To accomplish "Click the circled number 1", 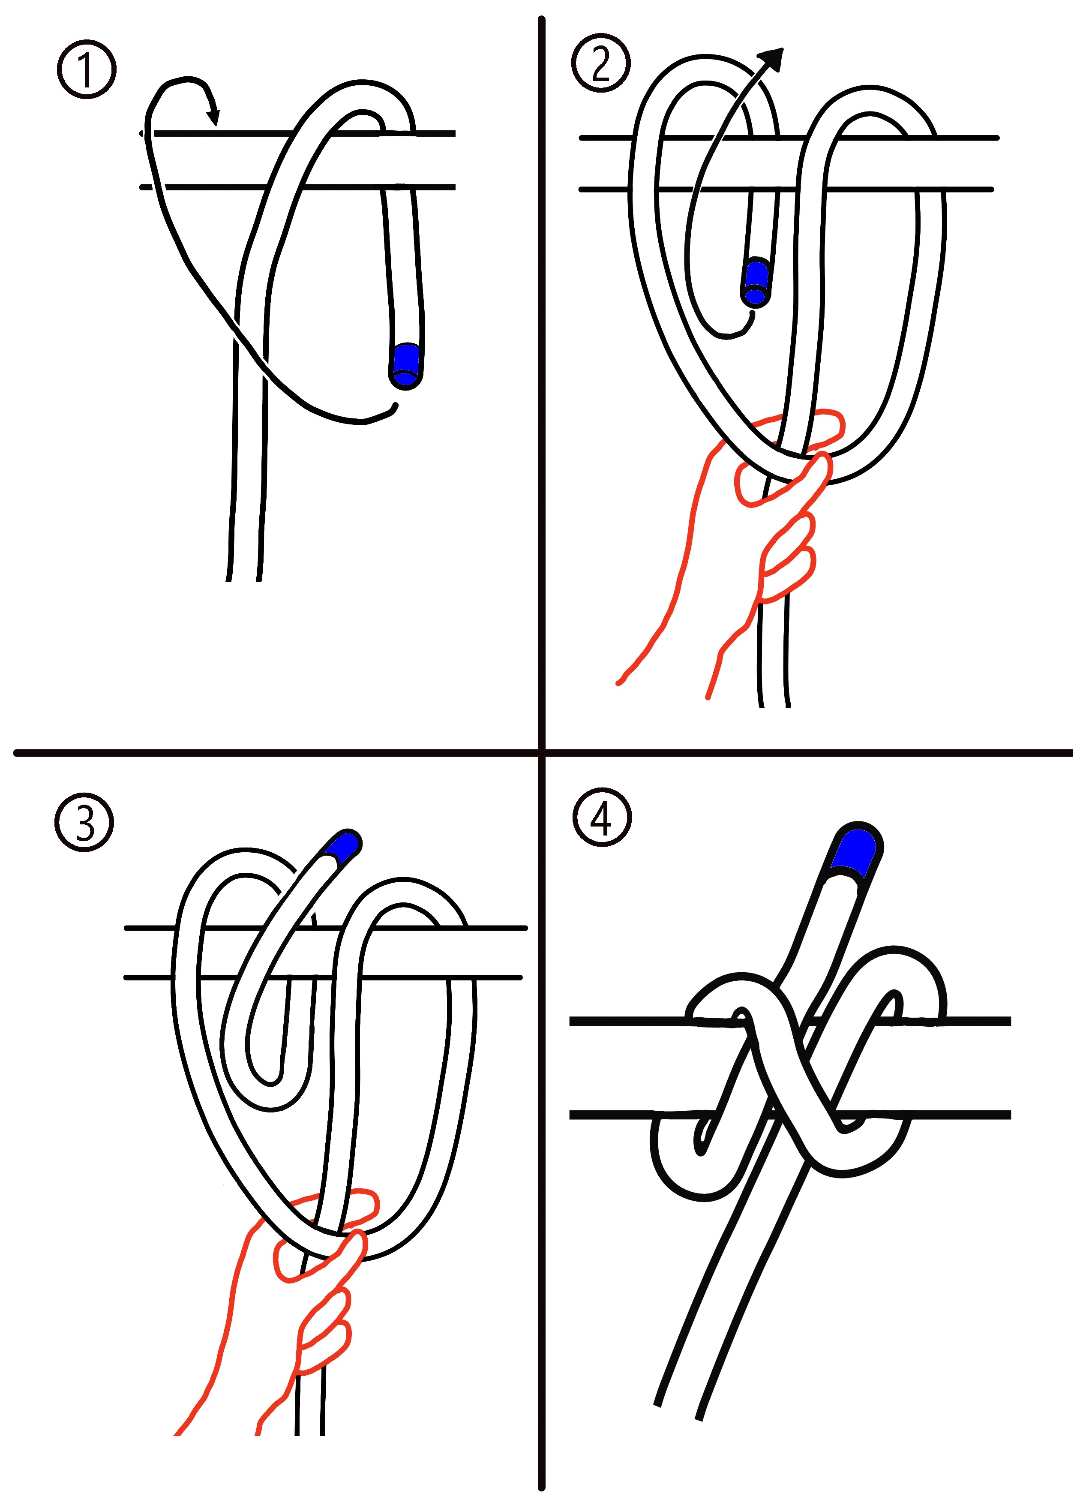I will (87, 70).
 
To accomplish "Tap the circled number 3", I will (84, 823).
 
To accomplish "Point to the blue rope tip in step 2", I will (756, 283).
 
